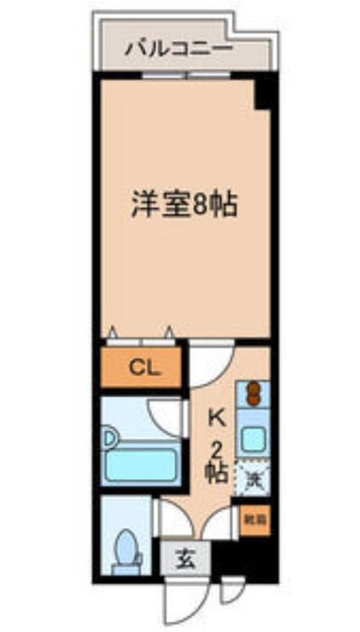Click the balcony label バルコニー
click(x=179, y=48)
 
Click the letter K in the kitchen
click(x=217, y=418)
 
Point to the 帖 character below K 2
click(x=216, y=470)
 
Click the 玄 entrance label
click(x=184, y=561)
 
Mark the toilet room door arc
click(x=166, y=521)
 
